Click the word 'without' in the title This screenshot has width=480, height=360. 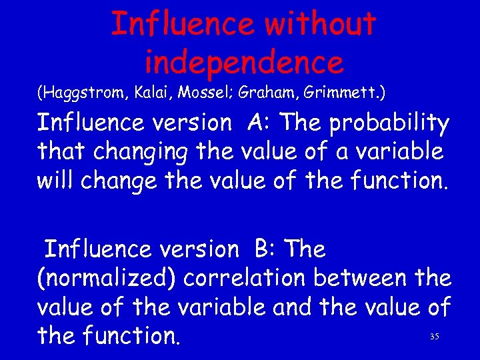point(321,25)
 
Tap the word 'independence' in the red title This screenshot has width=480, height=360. point(244,62)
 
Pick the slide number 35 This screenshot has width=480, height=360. point(435,337)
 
